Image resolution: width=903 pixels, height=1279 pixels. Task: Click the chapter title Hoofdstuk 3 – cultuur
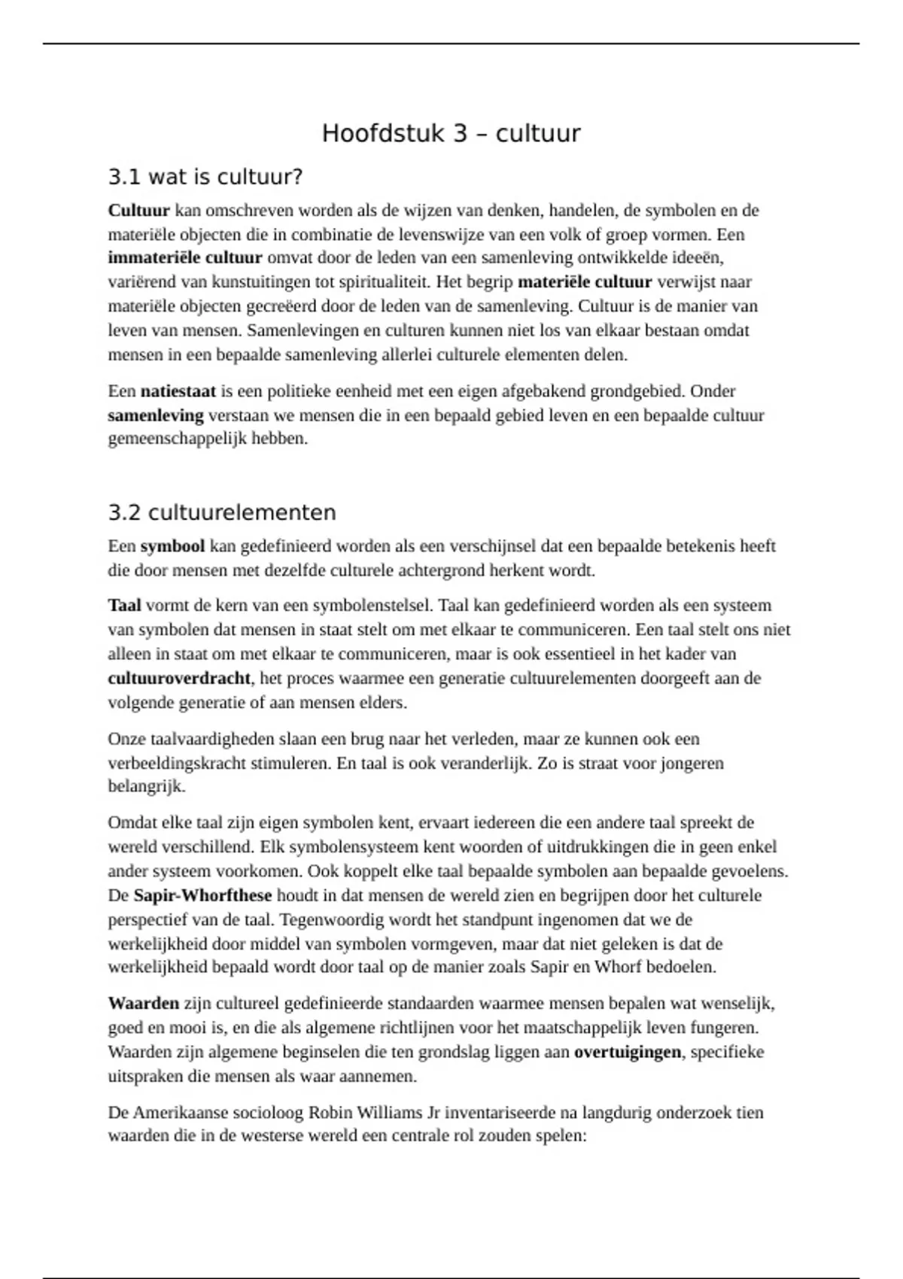[x=451, y=133]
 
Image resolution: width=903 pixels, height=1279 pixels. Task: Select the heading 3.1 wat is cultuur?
[x=205, y=178]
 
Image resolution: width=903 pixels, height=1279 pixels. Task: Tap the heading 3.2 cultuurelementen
[x=222, y=513]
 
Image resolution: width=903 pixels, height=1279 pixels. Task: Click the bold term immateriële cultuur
[x=185, y=258]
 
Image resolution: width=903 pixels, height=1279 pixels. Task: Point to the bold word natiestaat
[x=178, y=391]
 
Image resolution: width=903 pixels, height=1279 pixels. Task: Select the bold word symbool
[x=172, y=546]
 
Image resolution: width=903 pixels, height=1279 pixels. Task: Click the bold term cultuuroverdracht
[x=179, y=679]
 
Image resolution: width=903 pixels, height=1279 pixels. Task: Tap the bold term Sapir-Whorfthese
[x=202, y=896]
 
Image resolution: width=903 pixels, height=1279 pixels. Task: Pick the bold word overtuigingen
[x=628, y=1053]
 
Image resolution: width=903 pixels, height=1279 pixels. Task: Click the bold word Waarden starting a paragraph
[x=144, y=1004]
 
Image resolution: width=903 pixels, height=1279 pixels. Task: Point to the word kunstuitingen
[x=257, y=282]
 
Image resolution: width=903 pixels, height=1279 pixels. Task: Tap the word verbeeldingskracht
[x=177, y=764]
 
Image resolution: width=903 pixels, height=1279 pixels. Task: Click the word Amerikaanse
[x=181, y=1113]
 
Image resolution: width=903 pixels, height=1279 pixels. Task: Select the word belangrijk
[x=146, y=788]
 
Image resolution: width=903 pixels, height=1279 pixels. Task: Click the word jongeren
[x=692, y=764]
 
